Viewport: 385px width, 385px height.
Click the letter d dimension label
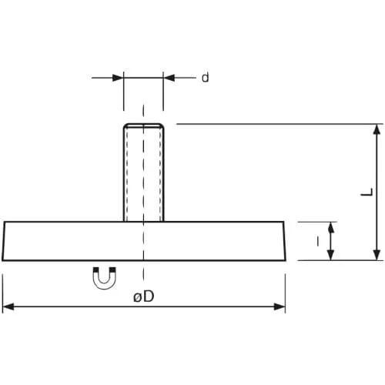[x=206, y=77]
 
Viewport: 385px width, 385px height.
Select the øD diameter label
[x=144, y=296]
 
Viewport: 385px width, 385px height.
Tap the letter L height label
[x=367, y=192]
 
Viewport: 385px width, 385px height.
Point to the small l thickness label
[x=318, y=241]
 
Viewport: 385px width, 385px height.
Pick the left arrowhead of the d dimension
[x=118, y=78]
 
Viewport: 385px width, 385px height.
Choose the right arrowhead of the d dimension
[x=169, y=78]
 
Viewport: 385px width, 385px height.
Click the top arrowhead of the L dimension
[x=377, y=129]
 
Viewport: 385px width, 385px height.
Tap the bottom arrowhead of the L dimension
[x=377, y=255]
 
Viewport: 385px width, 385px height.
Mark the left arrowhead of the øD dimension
[x=8, y=306]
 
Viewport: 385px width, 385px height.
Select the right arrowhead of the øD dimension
[x=280, y=306]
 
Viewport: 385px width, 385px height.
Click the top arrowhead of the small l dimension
[x=331, y=227]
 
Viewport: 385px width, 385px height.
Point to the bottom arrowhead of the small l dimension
[x=331, y=255]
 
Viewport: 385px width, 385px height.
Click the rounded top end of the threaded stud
[x=143, y=125]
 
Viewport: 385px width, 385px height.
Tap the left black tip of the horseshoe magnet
[x=96, y=269]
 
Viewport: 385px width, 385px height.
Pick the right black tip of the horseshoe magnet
[x=112, y=269]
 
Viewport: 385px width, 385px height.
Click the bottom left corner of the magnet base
[x=2, y=260]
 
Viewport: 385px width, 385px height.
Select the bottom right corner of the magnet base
[x=286, y=260]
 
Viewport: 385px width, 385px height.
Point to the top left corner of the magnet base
[x=5, y=222]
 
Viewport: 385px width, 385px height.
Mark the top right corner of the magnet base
[x=283, y=222]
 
